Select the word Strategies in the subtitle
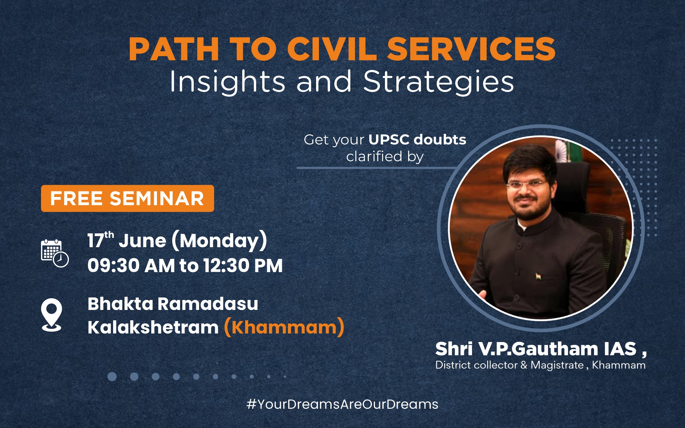point(438,82)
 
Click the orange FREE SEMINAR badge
point(127,198)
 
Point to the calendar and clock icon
point(55,253)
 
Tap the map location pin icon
point(52,315)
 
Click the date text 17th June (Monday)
point(177,240)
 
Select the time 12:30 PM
point(243,266)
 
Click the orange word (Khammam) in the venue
point(284,327)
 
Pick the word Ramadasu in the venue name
point(208,304)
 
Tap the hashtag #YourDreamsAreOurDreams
point(342,404)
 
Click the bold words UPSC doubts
point(417,139)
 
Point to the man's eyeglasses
point(526,184)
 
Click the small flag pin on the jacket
point(538,276)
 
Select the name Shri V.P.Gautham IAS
point(536,348)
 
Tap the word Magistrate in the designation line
point(557,365)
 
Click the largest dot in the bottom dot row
point(112,377)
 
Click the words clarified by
point(385,157)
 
